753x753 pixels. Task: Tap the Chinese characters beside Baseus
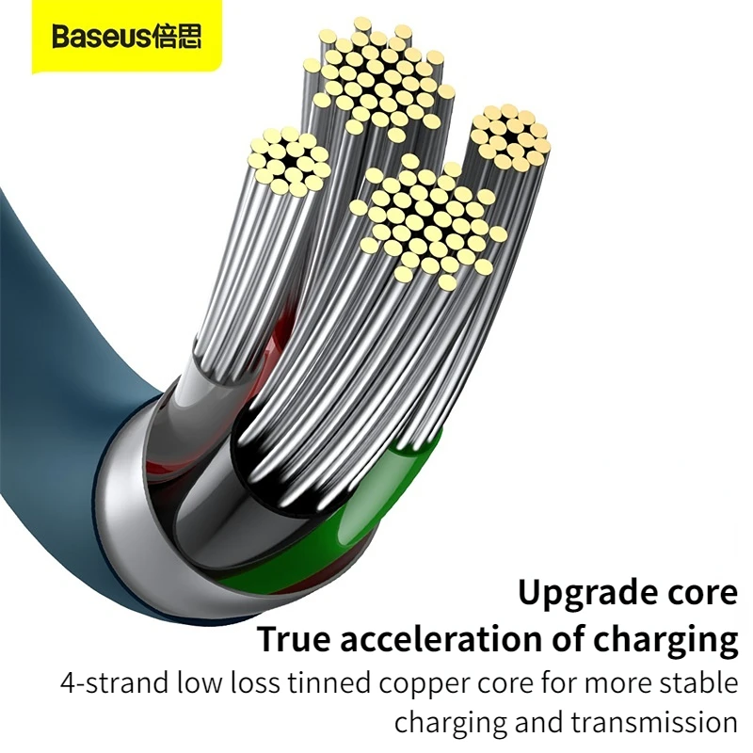[x=176, y=39]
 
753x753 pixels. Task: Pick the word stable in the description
[x=697, y=683]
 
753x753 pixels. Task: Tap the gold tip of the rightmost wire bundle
[x=509, y=136]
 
